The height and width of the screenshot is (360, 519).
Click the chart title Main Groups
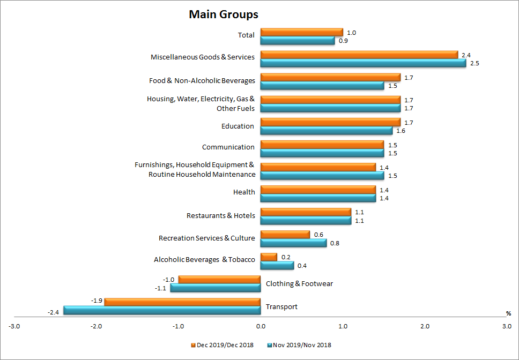224,14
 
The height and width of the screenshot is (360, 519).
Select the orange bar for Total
301,32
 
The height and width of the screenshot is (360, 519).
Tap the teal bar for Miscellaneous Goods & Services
363,63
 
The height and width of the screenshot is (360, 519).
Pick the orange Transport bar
182,302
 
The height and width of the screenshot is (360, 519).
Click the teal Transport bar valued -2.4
162,310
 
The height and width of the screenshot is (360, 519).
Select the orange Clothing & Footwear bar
219,280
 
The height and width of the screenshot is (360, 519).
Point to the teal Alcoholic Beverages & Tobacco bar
277,265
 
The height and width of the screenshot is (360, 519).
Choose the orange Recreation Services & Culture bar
285,235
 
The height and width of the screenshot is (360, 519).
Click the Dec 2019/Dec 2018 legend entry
223,344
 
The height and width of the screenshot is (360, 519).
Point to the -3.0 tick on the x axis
14,326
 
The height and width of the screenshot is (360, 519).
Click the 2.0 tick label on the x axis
425,326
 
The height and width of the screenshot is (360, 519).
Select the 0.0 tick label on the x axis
261,326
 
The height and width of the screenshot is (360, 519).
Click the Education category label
238,126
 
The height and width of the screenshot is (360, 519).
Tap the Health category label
244,192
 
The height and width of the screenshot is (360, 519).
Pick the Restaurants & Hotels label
220,215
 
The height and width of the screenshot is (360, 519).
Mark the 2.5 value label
474,63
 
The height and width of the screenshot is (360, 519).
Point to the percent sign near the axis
508,313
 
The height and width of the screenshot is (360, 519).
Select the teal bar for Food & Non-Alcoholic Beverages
322,85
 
